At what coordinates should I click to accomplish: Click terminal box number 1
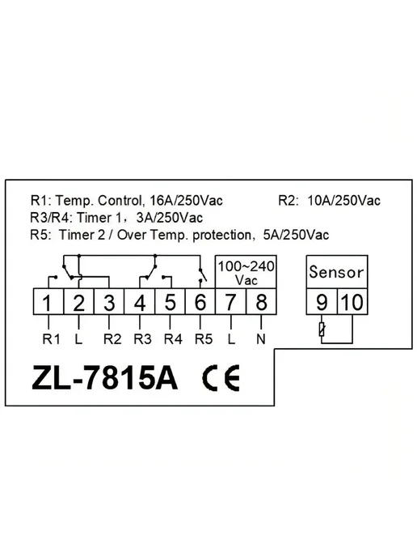(48, 302)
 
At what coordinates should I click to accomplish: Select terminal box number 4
(139, 302)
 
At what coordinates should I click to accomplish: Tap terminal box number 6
(200, 302)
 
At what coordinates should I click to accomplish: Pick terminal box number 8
(261, 302)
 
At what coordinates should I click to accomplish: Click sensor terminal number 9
(322, 302)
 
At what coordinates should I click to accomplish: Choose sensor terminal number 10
(352, 302)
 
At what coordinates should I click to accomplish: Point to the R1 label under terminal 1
(52, 339)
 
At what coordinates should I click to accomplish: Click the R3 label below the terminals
(142, 339)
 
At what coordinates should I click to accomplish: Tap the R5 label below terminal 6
(204, 339)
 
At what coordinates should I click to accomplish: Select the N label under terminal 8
(261, 339)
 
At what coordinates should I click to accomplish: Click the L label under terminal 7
(231, 339)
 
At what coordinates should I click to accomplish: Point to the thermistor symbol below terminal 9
(322, 330)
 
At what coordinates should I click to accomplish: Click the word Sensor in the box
(336, 272)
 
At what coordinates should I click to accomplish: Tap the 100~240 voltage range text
(246, 266)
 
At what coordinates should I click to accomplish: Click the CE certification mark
(221, 378)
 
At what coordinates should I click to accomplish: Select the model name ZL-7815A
(104, 378)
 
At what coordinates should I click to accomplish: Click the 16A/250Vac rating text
(187, 201)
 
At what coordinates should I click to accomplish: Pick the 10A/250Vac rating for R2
(344, 201)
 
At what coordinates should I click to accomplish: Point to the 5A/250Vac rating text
(296, 235)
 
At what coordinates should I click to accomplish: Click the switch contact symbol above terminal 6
(202, 275)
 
